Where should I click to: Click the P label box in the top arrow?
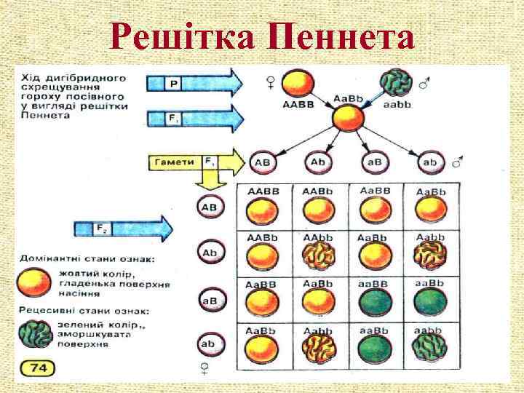(173, 84)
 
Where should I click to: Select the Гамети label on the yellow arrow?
(174, 160)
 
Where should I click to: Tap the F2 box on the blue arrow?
(102, 230)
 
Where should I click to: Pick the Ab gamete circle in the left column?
(210, 253)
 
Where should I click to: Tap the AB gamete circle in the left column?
(210, 207)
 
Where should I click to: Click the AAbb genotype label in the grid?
(319, 238)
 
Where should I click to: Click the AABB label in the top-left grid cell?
(263, 191)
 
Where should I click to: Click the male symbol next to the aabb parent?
(424, 85)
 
